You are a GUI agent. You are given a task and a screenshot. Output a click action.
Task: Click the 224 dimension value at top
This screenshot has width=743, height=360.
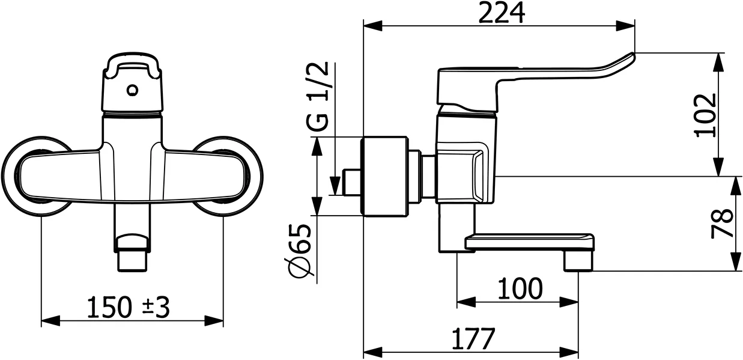pos(501,13)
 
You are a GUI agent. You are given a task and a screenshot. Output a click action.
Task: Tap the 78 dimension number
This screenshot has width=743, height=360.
pos(723,224)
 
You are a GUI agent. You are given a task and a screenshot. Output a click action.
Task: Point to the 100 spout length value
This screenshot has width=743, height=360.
pos(520,289)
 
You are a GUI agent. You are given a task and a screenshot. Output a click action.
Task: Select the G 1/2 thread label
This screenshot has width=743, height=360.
pos(318,96)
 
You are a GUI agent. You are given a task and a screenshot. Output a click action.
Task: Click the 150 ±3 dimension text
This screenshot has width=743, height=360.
pos(129,308)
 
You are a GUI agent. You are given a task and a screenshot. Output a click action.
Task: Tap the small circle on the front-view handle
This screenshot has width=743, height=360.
pos(133,91)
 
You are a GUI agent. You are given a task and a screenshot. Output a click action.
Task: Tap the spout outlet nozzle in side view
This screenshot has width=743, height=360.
pos(578,261)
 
